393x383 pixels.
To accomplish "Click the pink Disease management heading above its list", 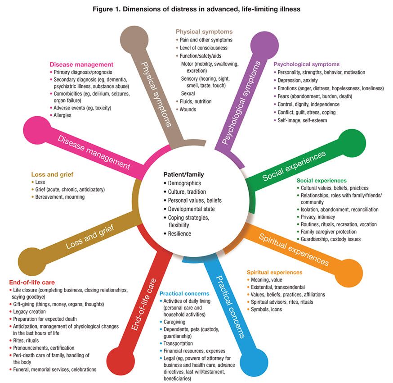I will [x=81, y=64].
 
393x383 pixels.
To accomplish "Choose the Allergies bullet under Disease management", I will [x=63, y=115].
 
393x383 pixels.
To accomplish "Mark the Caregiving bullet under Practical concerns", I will [x=177, y=323].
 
